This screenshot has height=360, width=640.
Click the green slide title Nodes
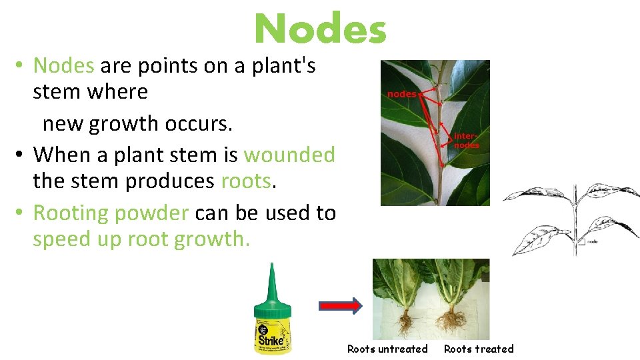[320, 29]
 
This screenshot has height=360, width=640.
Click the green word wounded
[289, 155]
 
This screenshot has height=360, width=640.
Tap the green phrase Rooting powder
[111, 213]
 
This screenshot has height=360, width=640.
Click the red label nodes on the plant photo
[401, 94]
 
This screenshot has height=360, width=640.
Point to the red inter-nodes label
[466, 140]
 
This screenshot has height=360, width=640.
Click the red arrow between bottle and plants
[340, 306]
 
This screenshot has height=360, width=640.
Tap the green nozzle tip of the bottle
[271, 270]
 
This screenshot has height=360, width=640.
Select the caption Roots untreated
[387, 349]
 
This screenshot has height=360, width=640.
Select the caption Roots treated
[479, 349]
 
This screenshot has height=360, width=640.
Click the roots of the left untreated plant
[405, 323]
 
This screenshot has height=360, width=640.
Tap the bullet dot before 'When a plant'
[21, 155]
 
